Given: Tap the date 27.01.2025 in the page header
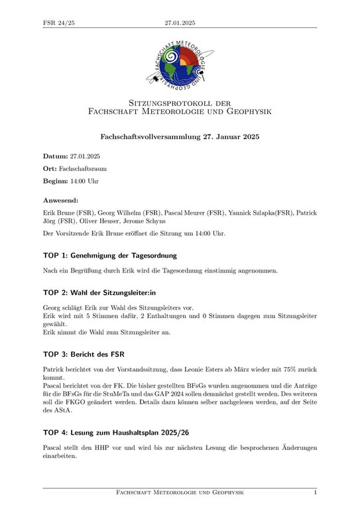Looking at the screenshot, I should click(x=180, y=24).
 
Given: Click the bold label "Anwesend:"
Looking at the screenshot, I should click(x=60, y=199).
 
